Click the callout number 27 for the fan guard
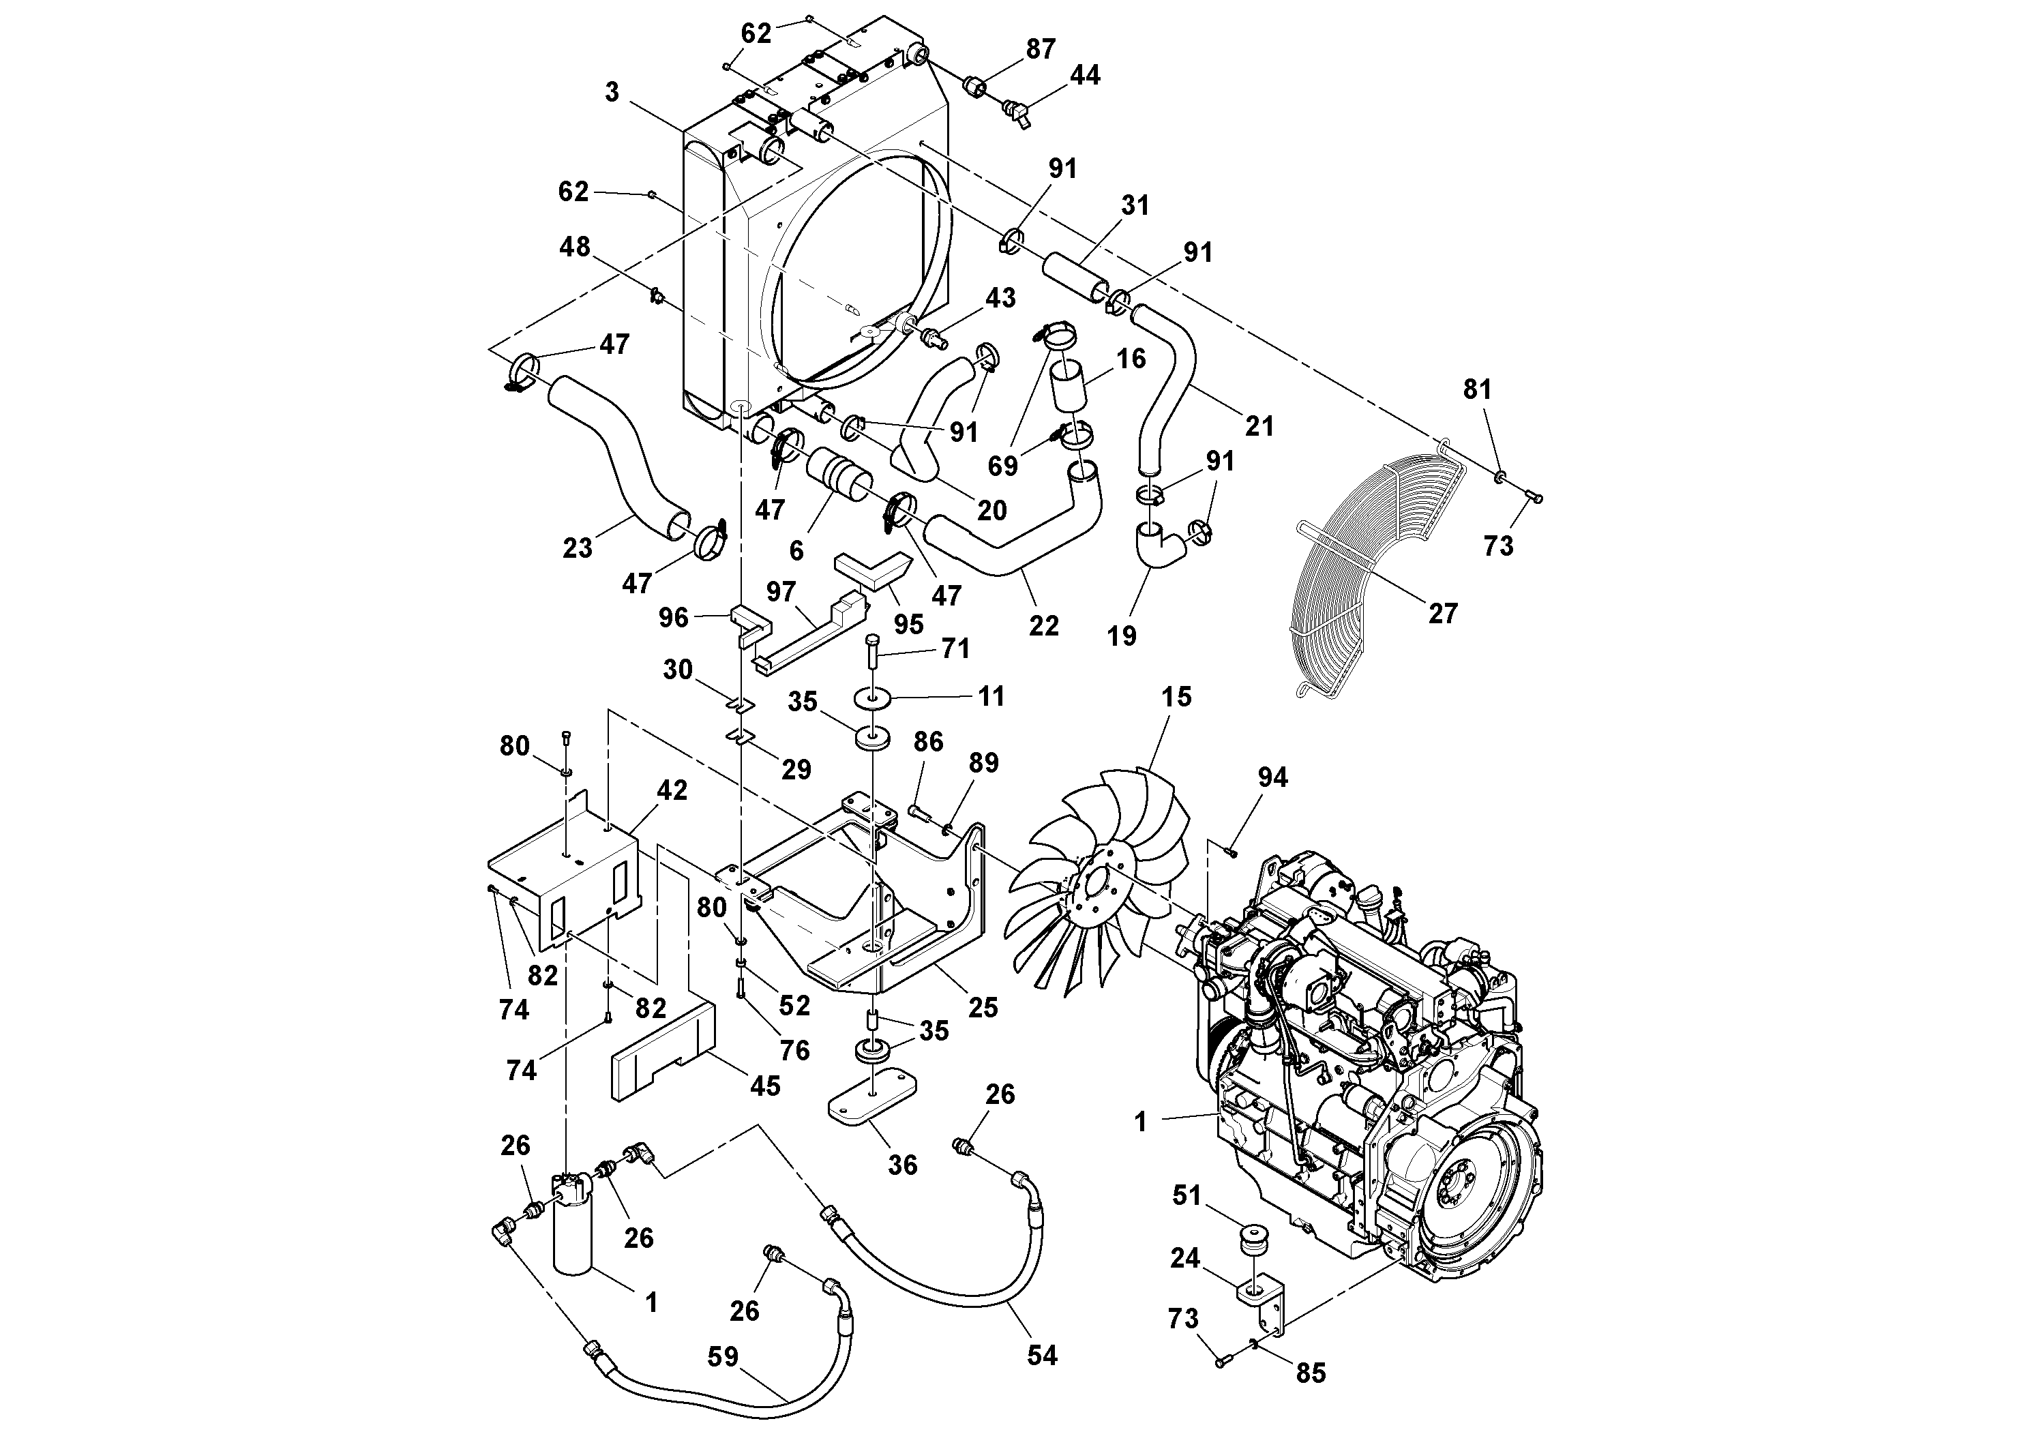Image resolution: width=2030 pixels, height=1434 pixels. click(1442, 613)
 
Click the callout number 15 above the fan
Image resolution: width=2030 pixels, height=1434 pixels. click(1176, 697)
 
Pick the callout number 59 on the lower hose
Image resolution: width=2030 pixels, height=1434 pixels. click(723, 1357)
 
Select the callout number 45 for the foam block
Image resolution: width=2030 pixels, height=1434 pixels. click(765, 1086)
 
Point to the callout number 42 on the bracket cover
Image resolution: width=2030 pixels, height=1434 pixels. click(672, 790)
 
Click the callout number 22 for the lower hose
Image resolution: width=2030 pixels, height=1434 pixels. click(1043, 625)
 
